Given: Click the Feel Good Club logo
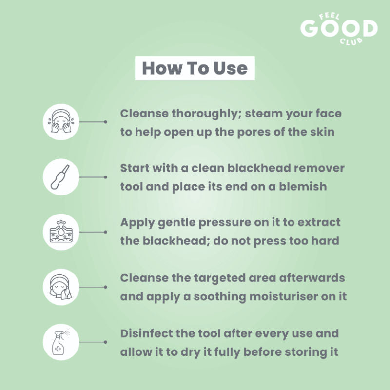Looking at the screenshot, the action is click(x=339, y=29).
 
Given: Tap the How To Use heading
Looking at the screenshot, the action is click(x=195, y=68).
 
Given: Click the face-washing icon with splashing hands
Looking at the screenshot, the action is click(x=61, y=122).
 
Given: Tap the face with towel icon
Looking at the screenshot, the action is click(x=61, y=287).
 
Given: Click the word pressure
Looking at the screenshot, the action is click(x=225, y=223).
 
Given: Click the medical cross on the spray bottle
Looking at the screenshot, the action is click(x=58, y=349).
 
